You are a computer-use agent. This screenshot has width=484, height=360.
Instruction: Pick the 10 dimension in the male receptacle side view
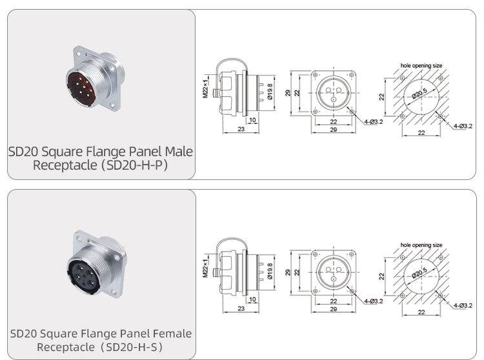click(251, 120)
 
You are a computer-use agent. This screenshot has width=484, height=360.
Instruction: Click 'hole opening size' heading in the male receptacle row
click(421, 66)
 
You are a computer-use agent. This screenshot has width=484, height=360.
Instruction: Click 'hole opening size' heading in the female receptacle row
click(421, 245)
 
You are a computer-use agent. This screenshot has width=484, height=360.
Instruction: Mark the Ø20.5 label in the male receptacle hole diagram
click(421, 94)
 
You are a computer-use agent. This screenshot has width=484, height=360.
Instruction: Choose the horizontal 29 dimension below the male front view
click(333, 130)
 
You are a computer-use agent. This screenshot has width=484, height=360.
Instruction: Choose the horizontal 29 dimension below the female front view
click(333, 310)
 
